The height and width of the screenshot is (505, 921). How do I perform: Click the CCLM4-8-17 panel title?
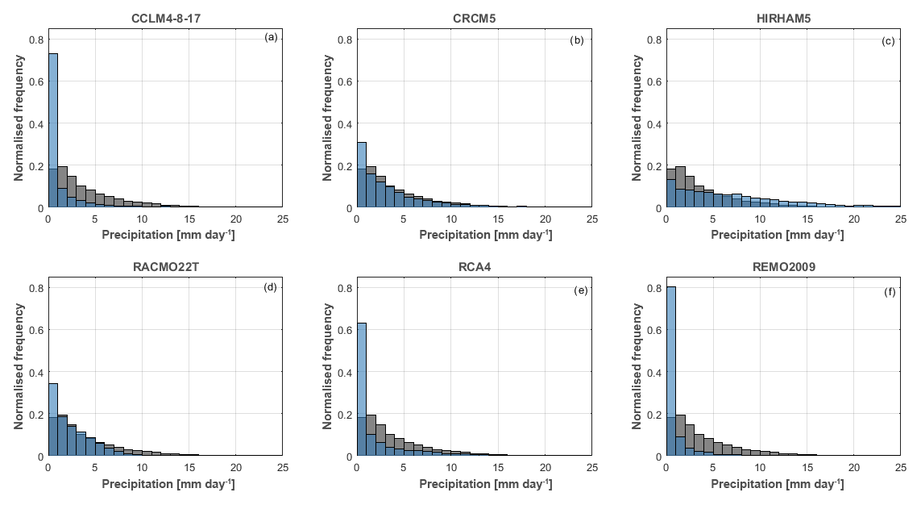[165, 18]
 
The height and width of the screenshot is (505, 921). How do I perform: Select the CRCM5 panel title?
[474, 18]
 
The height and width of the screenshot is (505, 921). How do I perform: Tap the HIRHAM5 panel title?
[782, 18]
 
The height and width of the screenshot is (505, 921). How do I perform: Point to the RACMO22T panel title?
[165, 266]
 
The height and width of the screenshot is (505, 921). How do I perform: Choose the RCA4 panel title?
[474, 266]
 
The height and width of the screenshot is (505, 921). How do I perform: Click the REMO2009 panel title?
[782, 266]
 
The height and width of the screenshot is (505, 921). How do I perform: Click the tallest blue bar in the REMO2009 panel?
[670, 371]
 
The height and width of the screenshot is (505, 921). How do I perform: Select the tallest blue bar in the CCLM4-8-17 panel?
[53, 129]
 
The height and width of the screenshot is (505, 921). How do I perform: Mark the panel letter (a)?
[271, 37]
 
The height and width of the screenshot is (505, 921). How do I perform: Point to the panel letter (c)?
[888, 40]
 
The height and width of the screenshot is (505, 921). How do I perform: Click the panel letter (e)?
[580, 290]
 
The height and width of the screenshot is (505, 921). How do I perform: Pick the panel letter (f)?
[888, 290]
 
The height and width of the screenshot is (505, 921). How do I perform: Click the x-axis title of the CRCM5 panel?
[474, 235]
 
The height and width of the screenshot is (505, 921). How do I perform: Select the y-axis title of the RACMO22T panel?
[19, 366]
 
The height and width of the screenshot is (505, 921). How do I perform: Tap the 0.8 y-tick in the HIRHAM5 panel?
[654, 40]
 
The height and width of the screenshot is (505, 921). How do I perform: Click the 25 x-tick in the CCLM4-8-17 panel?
[283, 218]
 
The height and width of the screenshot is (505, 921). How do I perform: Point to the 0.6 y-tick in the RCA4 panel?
[346, 330]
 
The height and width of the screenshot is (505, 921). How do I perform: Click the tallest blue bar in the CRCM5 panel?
[362, 174]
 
